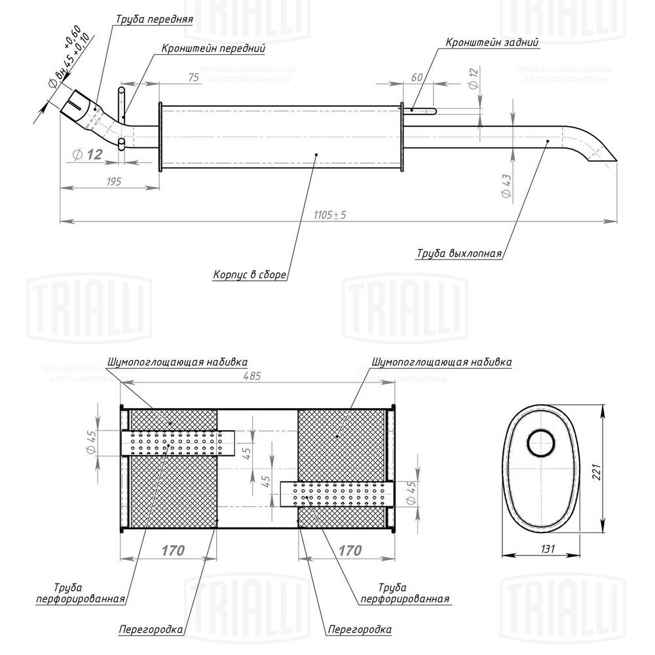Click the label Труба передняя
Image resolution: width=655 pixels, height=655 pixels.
[154, 20]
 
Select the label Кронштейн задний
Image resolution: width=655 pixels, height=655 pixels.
[492, 43]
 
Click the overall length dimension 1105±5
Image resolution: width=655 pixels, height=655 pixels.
[329, 215]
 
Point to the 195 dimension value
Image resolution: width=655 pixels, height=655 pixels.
[113, 181]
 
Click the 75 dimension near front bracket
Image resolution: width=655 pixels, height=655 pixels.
[193, 77]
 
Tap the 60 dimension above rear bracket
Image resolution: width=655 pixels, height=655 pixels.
[416, 77]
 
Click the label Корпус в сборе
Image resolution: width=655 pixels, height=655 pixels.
[249, 275]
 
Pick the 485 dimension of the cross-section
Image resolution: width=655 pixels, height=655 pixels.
[252, 376]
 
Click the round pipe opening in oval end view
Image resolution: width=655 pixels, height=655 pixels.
[541, 445]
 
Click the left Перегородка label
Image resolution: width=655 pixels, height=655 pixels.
[151, 630]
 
